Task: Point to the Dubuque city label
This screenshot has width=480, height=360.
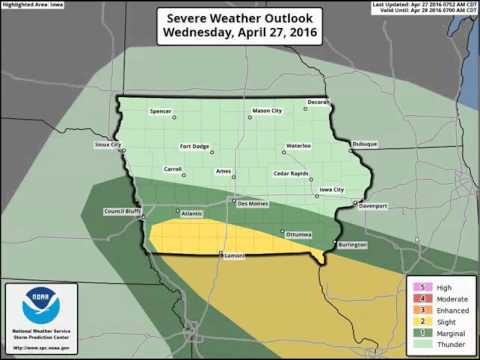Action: point(363,142)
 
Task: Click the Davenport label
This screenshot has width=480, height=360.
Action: point(372,207)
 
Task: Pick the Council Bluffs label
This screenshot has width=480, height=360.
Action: point(122,211)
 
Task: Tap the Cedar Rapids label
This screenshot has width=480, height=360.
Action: point(293,173)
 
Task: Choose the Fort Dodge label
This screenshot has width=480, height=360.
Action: point(193,145)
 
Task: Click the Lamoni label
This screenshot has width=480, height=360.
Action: point(234,258)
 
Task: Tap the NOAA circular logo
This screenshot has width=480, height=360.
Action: point(41,298)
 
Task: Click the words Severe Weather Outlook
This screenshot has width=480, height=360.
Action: point(239,18)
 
